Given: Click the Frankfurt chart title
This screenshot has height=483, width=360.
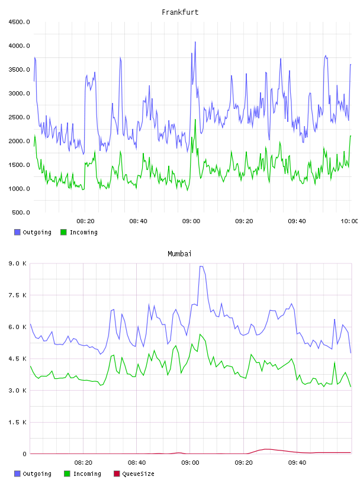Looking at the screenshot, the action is tap(180, 12).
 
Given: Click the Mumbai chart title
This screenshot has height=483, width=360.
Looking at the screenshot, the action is tap(179, 254).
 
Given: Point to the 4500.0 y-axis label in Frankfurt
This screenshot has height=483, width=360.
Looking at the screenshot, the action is tap(19, 22).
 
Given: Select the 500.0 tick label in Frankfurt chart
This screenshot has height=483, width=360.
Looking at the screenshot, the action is tap(21, 212).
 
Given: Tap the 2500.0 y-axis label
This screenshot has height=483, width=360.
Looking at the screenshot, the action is tap(19, 117).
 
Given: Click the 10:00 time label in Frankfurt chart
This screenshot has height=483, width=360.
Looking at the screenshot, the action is tap(349, 221).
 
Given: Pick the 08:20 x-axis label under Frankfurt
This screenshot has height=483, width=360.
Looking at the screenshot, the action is tap(85, 221).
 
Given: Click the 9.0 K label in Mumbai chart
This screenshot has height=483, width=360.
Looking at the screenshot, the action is tap(18, 263).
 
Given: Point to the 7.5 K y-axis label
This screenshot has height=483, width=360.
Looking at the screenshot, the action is tap(18, 295).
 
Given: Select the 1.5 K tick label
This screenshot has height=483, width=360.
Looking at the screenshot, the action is tap(18, 422).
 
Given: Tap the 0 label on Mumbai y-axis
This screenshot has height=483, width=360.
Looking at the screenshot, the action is tap(24, 454).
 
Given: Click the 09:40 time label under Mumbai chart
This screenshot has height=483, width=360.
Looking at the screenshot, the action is tap(297, 463).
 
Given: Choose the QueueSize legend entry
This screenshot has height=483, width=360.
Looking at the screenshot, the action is tap(134, 474).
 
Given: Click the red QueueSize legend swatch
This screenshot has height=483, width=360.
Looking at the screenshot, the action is tap(117, 474).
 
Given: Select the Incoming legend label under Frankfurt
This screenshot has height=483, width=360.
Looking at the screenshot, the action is tap(83, 232).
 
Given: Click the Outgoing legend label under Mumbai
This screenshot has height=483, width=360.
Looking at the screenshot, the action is tap(37, 474).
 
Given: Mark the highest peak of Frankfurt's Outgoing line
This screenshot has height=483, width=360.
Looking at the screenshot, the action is tap(195, 42).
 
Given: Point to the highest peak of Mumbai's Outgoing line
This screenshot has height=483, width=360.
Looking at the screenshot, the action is tap(201, 266).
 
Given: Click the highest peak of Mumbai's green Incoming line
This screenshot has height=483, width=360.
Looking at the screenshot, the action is tap(200, 334).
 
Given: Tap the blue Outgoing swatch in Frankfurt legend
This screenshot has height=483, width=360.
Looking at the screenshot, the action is tap(17, 232).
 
